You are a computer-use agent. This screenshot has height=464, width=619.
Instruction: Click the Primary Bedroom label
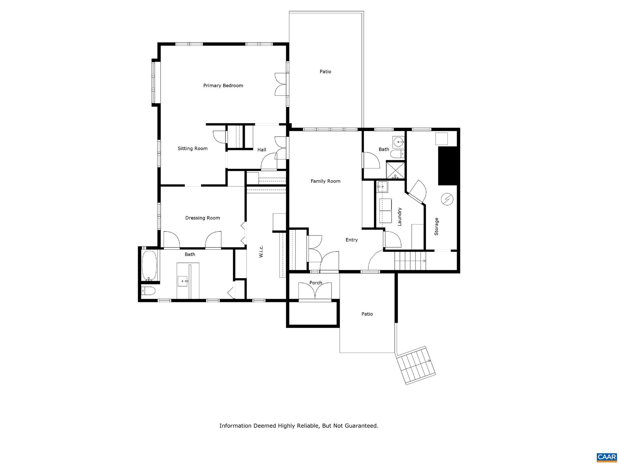[x=223, y=86]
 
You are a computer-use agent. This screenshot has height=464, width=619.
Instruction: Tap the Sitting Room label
[x=193, y=148]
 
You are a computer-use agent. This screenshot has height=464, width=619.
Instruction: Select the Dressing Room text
[x=203, y=218]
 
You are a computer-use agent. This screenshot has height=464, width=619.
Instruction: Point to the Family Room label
[x=326, y=181]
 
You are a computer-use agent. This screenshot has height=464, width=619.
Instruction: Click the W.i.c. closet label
[x=261, y=251]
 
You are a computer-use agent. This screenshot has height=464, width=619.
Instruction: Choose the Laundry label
[x=400, y=216]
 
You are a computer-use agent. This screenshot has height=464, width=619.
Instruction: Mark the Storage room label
[x=436, y=226]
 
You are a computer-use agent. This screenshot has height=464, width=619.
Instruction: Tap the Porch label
[x=316, y=283]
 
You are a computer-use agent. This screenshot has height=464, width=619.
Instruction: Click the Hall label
[x=262, y=150]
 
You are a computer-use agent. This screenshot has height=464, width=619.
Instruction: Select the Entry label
[x=352, y=240]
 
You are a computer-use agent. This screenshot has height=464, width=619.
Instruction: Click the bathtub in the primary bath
[x=149, y=265]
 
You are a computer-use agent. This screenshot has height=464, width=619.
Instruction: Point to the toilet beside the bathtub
[x=148, y=291]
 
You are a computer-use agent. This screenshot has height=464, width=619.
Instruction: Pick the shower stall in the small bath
[x=395, y=170]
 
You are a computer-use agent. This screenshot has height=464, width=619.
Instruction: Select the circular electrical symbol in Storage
[x=447, y=199]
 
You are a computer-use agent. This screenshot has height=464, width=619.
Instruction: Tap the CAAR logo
[x=607, y=457]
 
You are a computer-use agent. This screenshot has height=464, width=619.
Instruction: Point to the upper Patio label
[x=326, y=72]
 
